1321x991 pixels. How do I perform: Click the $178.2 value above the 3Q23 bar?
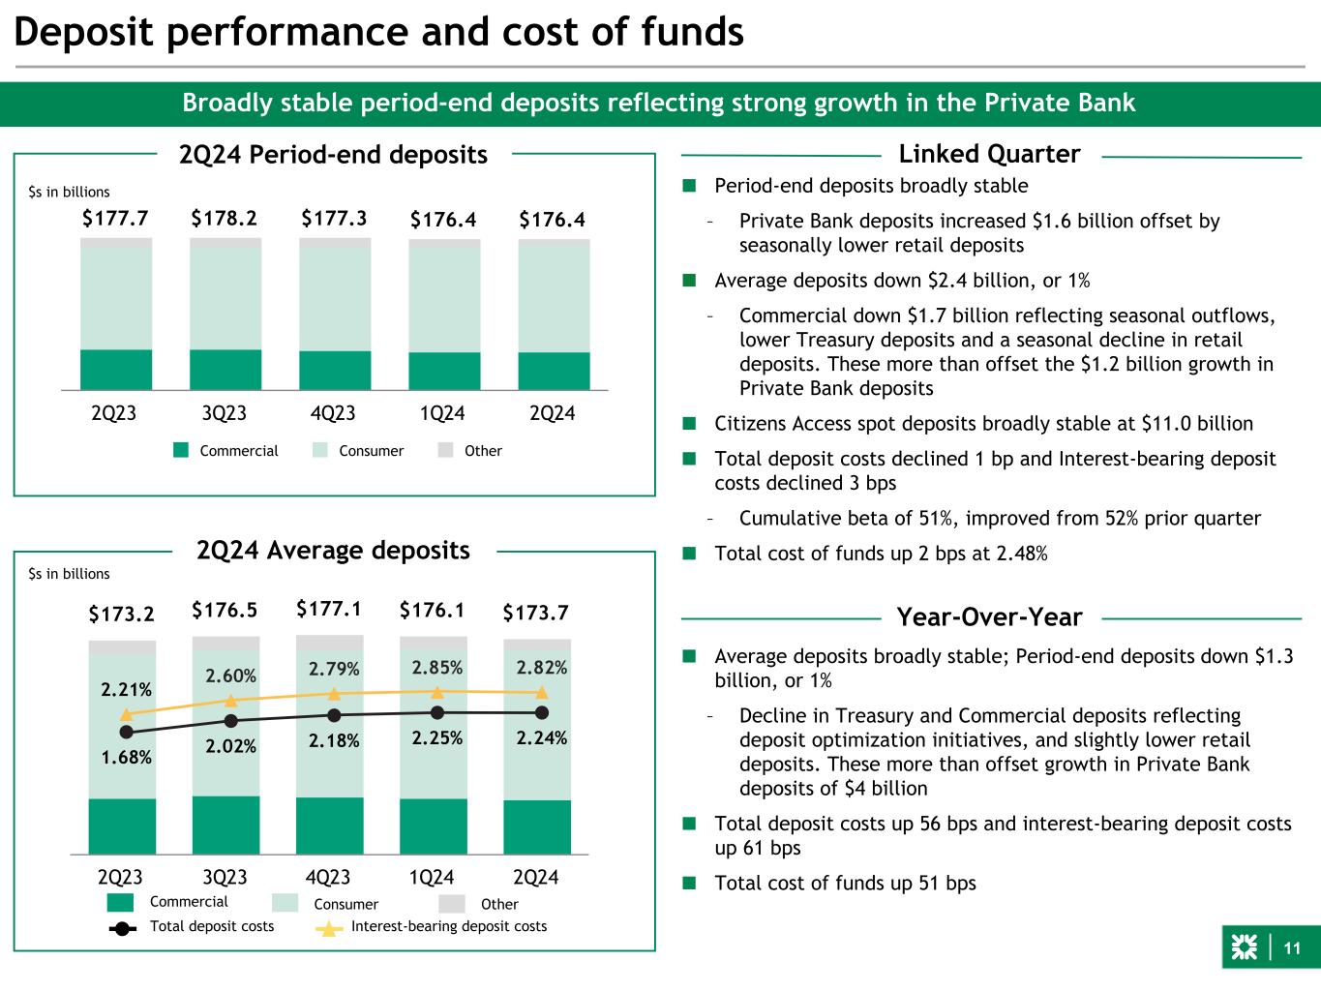click(225, 220)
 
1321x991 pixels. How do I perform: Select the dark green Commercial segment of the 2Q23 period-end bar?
click(115, 370)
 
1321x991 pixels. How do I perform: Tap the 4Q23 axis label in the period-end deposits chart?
click(334, 413)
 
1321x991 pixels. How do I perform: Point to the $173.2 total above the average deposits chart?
click(121, 614)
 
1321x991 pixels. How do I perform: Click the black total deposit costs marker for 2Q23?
click(126, 733)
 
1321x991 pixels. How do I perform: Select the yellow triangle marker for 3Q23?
click(230, 700)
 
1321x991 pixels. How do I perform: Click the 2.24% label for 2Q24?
click(541, 737)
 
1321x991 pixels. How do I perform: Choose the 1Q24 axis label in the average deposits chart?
click(432, 878)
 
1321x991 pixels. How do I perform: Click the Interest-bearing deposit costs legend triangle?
click(330, 928)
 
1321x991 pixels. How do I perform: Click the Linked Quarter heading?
click(989, 154)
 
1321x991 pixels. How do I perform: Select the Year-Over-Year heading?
click(989, 616)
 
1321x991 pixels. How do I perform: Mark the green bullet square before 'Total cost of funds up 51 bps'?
click(689, 883)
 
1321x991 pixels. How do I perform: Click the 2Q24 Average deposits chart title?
click(334, 551)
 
